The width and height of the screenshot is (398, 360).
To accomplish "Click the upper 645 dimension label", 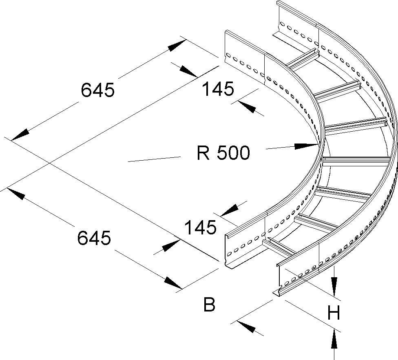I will pos(97,90).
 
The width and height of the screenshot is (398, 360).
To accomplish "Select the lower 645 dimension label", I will pos(94,238).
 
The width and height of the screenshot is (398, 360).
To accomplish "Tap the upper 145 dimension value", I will pos(219,89).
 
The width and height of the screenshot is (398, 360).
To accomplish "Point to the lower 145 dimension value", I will pos(200,227).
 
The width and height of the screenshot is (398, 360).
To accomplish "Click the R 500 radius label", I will pos(223,153).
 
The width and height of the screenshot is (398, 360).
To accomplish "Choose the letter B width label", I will pos(209,304).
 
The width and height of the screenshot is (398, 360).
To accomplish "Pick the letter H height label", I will pos(334,314).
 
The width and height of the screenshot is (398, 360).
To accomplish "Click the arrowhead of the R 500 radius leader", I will pos(307,145).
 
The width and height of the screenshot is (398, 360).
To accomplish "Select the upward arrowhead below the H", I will pos(334,339).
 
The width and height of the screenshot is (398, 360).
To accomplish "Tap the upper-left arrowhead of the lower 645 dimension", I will pos(16,194).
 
